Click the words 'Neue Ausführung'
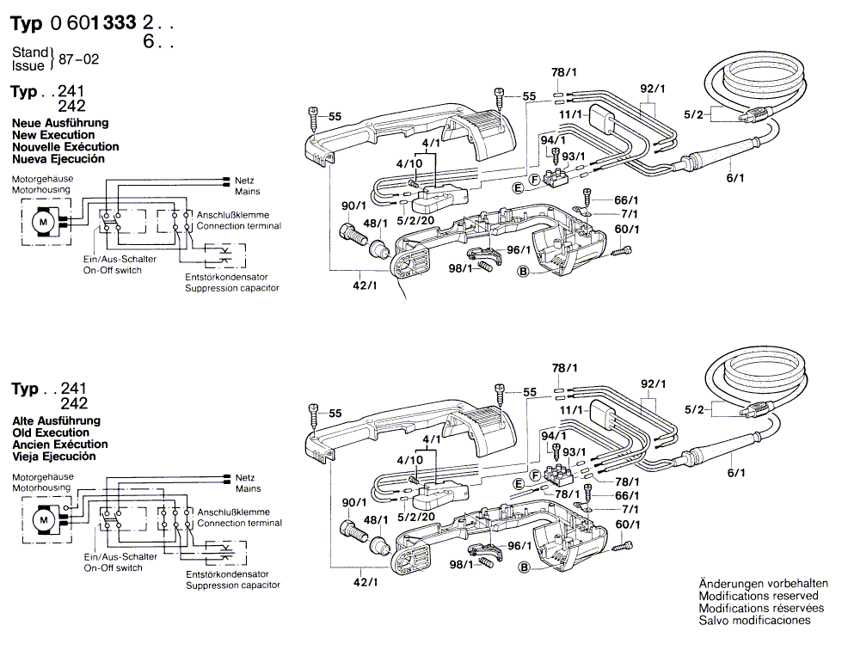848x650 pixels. [59, 123]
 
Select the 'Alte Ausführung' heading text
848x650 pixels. [56, 420]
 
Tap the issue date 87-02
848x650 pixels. [76, 61]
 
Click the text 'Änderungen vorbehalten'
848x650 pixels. [758, 583]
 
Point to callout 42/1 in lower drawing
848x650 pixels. [366, 583]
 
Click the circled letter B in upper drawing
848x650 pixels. [521, 273]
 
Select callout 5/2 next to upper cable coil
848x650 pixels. [694, 114]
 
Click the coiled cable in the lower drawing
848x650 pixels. [757, 370]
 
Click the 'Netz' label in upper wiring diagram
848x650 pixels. [243, 181]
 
